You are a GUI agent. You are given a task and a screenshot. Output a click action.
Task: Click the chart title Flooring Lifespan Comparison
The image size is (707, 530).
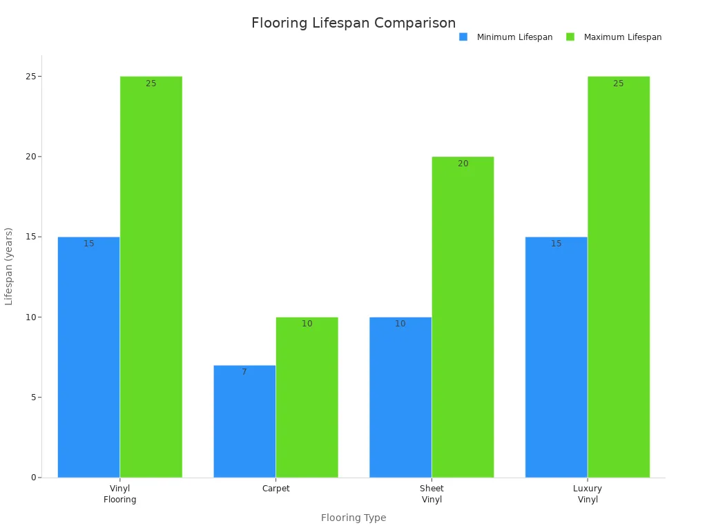[353, 23]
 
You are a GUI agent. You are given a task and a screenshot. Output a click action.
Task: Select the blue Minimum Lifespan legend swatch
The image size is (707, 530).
[463, 37]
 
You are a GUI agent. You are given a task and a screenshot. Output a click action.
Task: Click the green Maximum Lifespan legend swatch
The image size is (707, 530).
[570, 37]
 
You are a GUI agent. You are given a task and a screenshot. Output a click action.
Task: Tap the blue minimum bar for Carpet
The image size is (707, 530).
[244, 421]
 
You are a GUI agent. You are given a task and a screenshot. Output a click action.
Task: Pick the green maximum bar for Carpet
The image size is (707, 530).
[307, 397]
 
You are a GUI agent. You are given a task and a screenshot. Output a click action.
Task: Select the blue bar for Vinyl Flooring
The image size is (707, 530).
[88, 357]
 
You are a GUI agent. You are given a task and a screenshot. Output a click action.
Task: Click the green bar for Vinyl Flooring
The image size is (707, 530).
[151, 277]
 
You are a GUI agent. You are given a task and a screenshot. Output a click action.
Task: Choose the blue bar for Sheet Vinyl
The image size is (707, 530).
[400, 397]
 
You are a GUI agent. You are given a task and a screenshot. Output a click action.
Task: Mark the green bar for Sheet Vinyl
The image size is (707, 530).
[463, 317]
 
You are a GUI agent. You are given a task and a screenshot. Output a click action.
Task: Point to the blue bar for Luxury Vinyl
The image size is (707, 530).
[556, 357]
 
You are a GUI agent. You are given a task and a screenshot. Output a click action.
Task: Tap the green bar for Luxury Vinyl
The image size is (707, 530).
[619, 277]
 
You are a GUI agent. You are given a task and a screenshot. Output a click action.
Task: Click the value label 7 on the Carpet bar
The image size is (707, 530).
[244, 372]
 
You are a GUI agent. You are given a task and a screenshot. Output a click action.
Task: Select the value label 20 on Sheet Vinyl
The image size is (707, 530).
[463, 164]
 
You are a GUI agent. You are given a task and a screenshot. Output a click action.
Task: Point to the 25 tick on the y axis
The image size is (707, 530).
[30, 77]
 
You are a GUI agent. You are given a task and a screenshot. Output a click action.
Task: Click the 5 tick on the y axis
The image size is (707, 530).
[32, 397]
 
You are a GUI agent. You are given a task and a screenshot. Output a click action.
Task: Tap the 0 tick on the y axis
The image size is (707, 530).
[32, 478]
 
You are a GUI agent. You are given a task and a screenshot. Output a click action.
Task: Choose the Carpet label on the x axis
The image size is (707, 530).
[276, 489]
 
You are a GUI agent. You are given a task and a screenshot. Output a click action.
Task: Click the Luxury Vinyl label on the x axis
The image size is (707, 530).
[588, 494]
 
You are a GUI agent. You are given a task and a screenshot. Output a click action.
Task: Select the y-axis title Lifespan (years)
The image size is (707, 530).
[9, 266]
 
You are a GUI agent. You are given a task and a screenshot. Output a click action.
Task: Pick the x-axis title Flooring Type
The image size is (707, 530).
[353, 518]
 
